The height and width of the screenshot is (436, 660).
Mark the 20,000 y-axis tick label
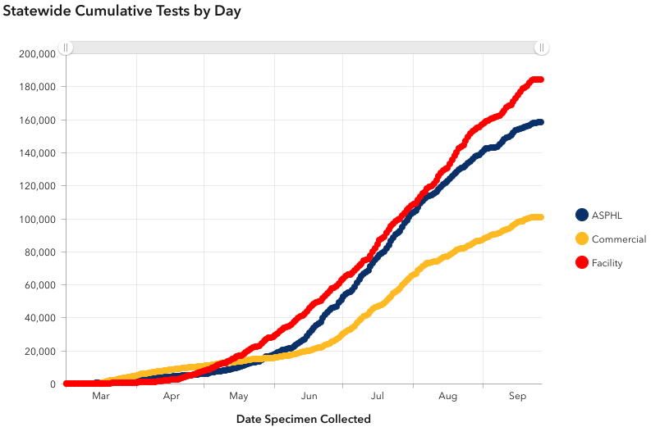pos(39,352)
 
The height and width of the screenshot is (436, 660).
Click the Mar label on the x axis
pos(101,397)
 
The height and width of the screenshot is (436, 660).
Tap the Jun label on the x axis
pos(309,397)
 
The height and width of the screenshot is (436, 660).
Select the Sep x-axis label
pos(517,397)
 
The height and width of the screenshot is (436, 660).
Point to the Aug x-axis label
pos(448,397)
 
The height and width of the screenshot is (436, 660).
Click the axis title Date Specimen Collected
pos(304,419)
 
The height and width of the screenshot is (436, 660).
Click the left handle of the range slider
pos(66,48)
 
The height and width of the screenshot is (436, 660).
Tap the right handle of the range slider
pos(541,48)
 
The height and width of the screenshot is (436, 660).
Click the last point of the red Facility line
pos(540,79)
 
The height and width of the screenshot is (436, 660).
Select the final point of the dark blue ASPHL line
pos(540,122)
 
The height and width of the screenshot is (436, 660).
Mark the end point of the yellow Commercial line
pos(540,217)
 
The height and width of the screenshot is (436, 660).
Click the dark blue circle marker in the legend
pos(582,215)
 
